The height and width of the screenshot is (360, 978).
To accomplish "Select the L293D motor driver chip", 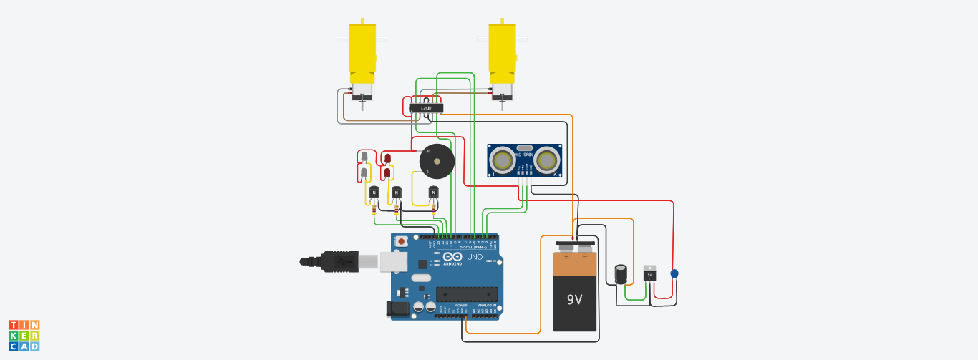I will coord(426,108).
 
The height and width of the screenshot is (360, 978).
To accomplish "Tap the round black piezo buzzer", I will coord(436,161).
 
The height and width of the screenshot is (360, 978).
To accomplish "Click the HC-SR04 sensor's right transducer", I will coord(547,160).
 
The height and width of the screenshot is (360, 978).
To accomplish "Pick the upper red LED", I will coord(387,157).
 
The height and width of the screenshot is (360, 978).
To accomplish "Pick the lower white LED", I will coord(364,172).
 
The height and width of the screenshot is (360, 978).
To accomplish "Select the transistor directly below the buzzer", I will coord(433,192).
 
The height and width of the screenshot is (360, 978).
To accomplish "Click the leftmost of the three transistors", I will coord(374,192).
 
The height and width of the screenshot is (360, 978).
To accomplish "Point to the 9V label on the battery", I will coord(575,298).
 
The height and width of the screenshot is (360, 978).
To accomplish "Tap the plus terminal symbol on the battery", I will coord(566,256).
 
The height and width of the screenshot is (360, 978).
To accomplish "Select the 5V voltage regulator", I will coord(649,273).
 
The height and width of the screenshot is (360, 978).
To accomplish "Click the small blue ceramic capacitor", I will coord(674,273).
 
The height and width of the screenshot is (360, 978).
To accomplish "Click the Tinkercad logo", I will coord(24,335).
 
